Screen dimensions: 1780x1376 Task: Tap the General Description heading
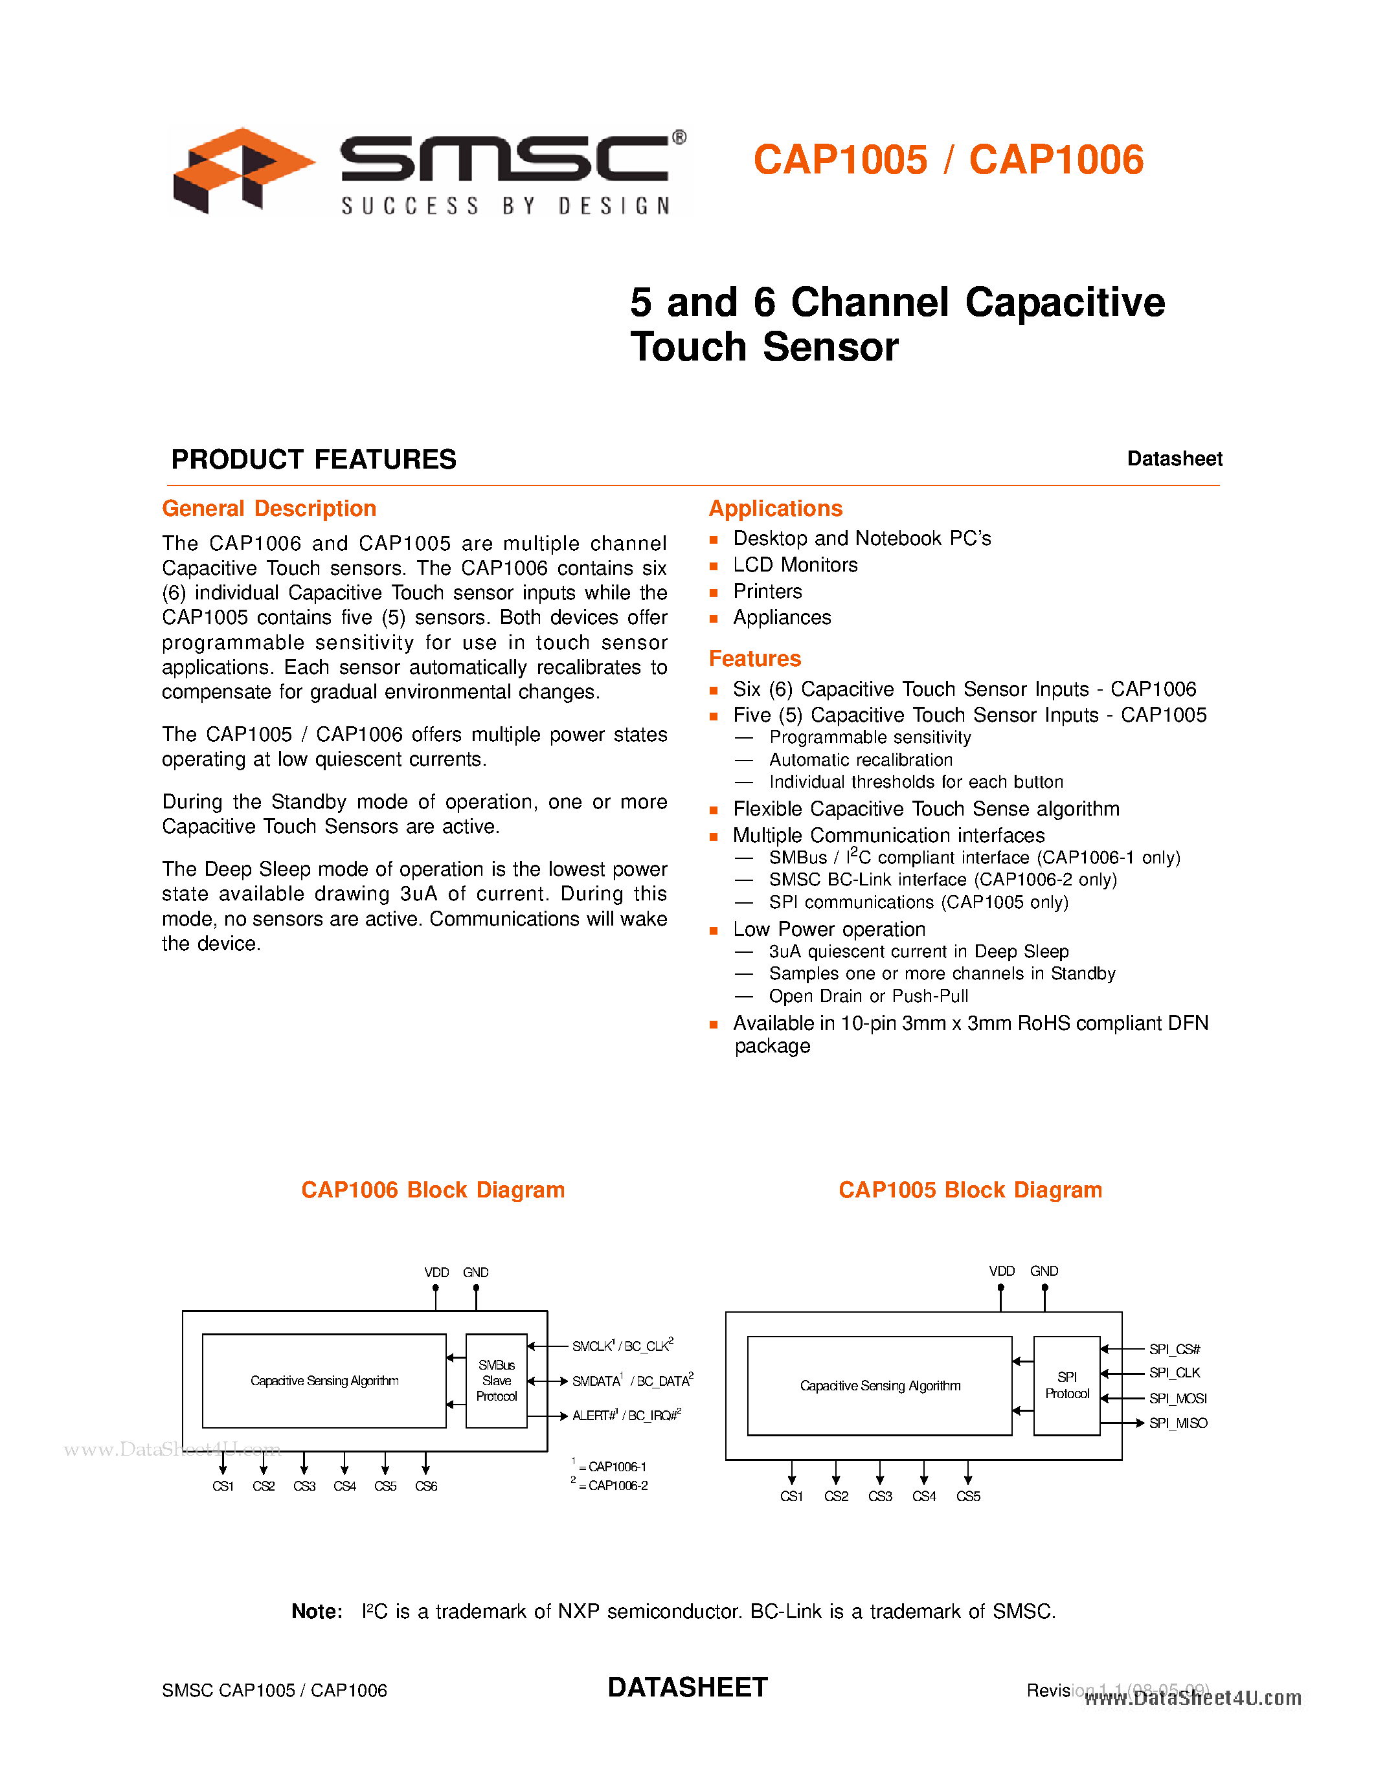tap(269, 509)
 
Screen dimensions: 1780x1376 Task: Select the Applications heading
tap(775, 509)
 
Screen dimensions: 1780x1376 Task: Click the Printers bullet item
tap(767, 591)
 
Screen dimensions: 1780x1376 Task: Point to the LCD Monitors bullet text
tap(795, 565)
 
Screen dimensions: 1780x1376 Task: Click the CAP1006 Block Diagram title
tap(433, 1190)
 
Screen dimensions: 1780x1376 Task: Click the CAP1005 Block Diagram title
tap(970, 1190)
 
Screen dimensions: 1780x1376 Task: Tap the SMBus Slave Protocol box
tap(497, 1381)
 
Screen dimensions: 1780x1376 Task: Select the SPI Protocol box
tap(1066, 1386)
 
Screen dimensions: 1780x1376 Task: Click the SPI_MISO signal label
tap(1178, 1423)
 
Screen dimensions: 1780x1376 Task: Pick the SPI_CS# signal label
tap(1175, 1350)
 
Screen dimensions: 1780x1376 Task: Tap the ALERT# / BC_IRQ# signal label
tap(626, 1416)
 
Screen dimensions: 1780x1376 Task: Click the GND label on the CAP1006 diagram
tap(476, 1273)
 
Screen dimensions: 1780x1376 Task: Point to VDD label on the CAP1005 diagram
tap(1002, 1271)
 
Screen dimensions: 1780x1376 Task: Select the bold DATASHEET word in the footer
tap(688, 1687)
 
